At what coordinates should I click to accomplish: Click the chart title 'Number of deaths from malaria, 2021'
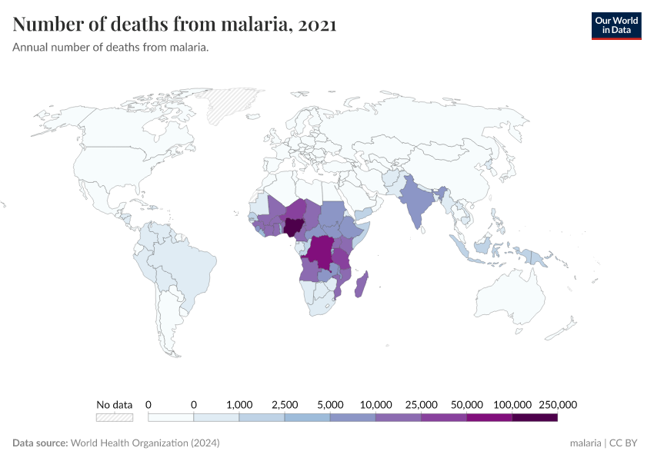pos(175,25)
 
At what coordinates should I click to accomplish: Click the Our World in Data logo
pos(616,25)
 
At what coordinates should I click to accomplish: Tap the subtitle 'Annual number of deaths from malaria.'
pos(111,48)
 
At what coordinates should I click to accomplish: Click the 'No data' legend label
pos(114,404)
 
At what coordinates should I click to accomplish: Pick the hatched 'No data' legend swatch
pos(114,418)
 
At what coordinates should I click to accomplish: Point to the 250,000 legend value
pos(557,404)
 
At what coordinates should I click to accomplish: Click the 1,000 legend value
pos(239,404)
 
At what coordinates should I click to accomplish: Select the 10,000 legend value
pos(375,404)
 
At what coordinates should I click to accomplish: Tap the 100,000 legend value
pos(512,404)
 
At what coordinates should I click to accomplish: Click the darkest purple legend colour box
pos(534,418)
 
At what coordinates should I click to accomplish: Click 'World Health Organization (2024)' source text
pos(145,443)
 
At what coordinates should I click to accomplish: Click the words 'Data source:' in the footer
pos(40,443)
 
